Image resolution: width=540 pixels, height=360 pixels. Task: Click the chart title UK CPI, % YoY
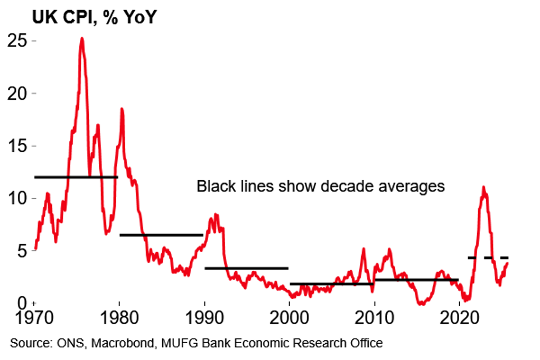(95, 17)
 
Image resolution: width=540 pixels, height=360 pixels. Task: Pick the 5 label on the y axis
(22, 251)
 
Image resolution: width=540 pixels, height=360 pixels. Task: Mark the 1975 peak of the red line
(82, 39)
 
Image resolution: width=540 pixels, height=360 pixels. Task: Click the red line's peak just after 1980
(122, 109)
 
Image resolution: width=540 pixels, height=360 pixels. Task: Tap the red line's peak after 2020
(483, 187)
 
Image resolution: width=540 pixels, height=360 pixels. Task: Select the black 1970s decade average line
(76, 177)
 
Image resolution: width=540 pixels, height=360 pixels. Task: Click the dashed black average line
(488, 257)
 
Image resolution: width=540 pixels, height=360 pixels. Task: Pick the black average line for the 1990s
(246, 268)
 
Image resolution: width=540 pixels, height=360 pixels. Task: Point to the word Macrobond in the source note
(118, 344)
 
